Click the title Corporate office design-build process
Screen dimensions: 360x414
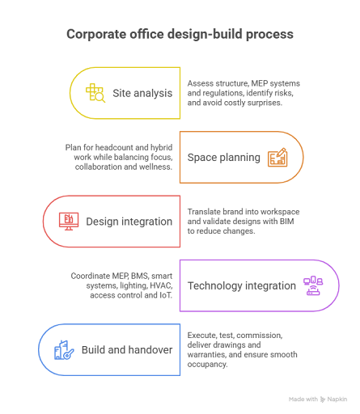tap(180, 34)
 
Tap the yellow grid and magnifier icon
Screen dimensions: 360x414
tap(95, 93)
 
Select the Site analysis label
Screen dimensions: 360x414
tap(142, 93)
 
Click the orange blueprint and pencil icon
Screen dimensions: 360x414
tap(277, 157)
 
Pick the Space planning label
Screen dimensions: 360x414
tap(224, 158)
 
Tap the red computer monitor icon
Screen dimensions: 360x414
tap(69, 222)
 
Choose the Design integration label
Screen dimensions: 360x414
tap(129, 222)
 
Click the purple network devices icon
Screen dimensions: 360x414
tap(313, 285)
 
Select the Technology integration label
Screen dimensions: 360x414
tap(242, 285)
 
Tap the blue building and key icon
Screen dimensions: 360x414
tap(64, 350)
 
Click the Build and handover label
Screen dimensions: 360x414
tap(127, 350)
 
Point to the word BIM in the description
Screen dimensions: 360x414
tap(287, 222)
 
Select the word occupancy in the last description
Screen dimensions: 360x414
tap(207, 364)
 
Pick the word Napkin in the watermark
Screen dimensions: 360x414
tap(337, 399)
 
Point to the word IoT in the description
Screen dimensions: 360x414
tap(166, 295)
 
